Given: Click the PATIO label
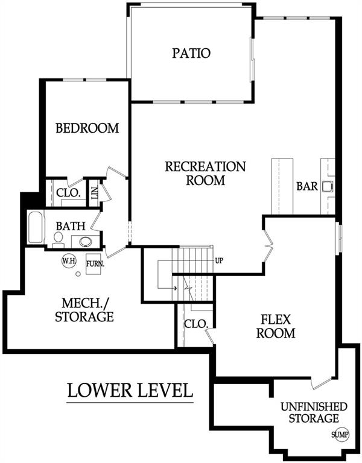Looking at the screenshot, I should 191,53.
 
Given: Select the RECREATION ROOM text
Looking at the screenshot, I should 205,173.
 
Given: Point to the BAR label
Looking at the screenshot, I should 306,186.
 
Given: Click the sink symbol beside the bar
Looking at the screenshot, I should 328,186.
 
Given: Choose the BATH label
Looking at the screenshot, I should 71,226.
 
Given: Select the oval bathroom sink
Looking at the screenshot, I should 86,242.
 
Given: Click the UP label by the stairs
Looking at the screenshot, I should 220,261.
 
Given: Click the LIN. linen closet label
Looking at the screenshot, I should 94,192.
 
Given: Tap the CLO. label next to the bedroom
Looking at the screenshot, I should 68,194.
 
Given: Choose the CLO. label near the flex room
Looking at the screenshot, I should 196,323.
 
